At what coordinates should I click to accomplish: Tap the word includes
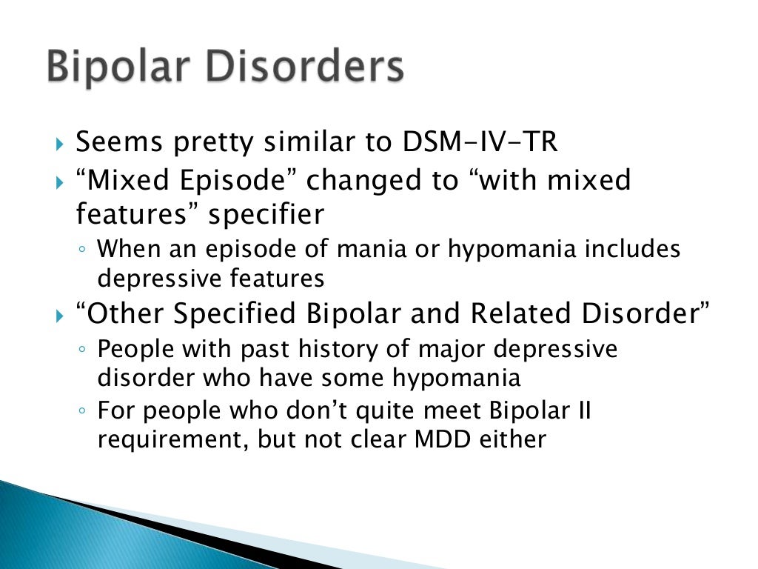pos(633,249)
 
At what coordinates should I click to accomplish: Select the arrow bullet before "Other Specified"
pos(61,315)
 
